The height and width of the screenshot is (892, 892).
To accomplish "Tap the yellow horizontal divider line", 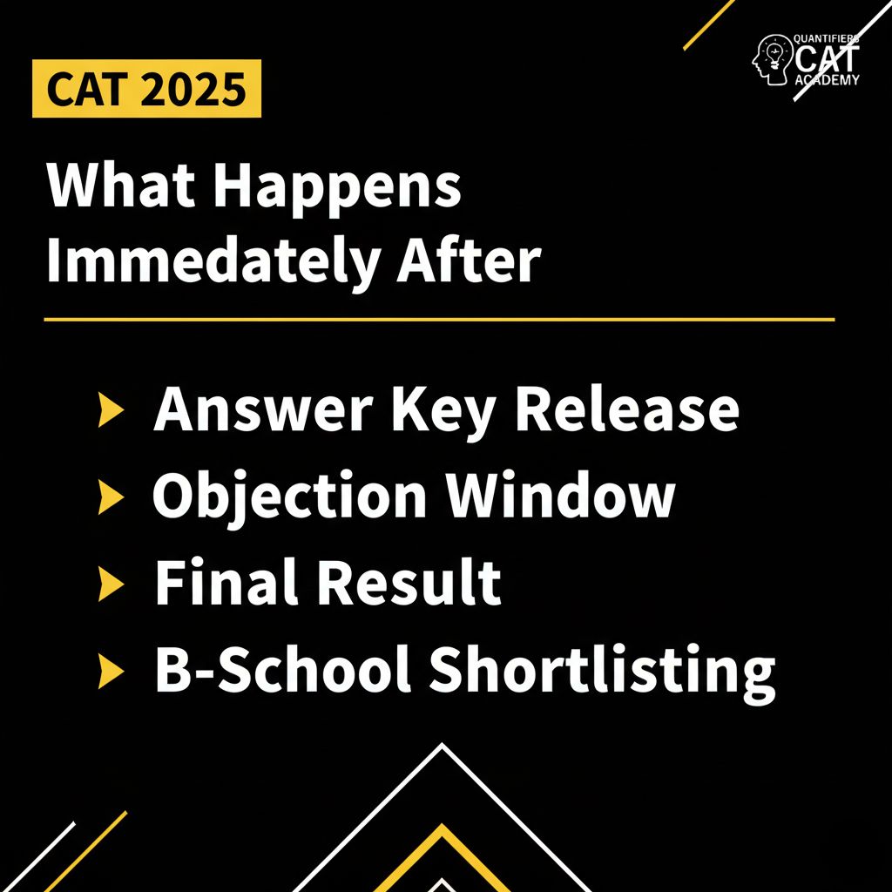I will click(x=439, y=320).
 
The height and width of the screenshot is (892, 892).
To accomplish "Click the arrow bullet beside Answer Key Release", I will click(x=109, y=410).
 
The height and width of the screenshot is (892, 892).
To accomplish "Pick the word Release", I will click(x=626, y=409).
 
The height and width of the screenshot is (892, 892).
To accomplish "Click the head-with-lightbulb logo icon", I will click(x=770, y=59).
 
